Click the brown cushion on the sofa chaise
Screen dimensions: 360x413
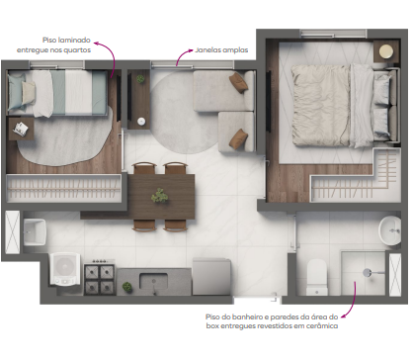click(x=236, y=82)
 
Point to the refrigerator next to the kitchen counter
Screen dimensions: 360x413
click(x=210, y=272)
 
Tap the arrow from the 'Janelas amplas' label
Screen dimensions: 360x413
click(x=183, y=57)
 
